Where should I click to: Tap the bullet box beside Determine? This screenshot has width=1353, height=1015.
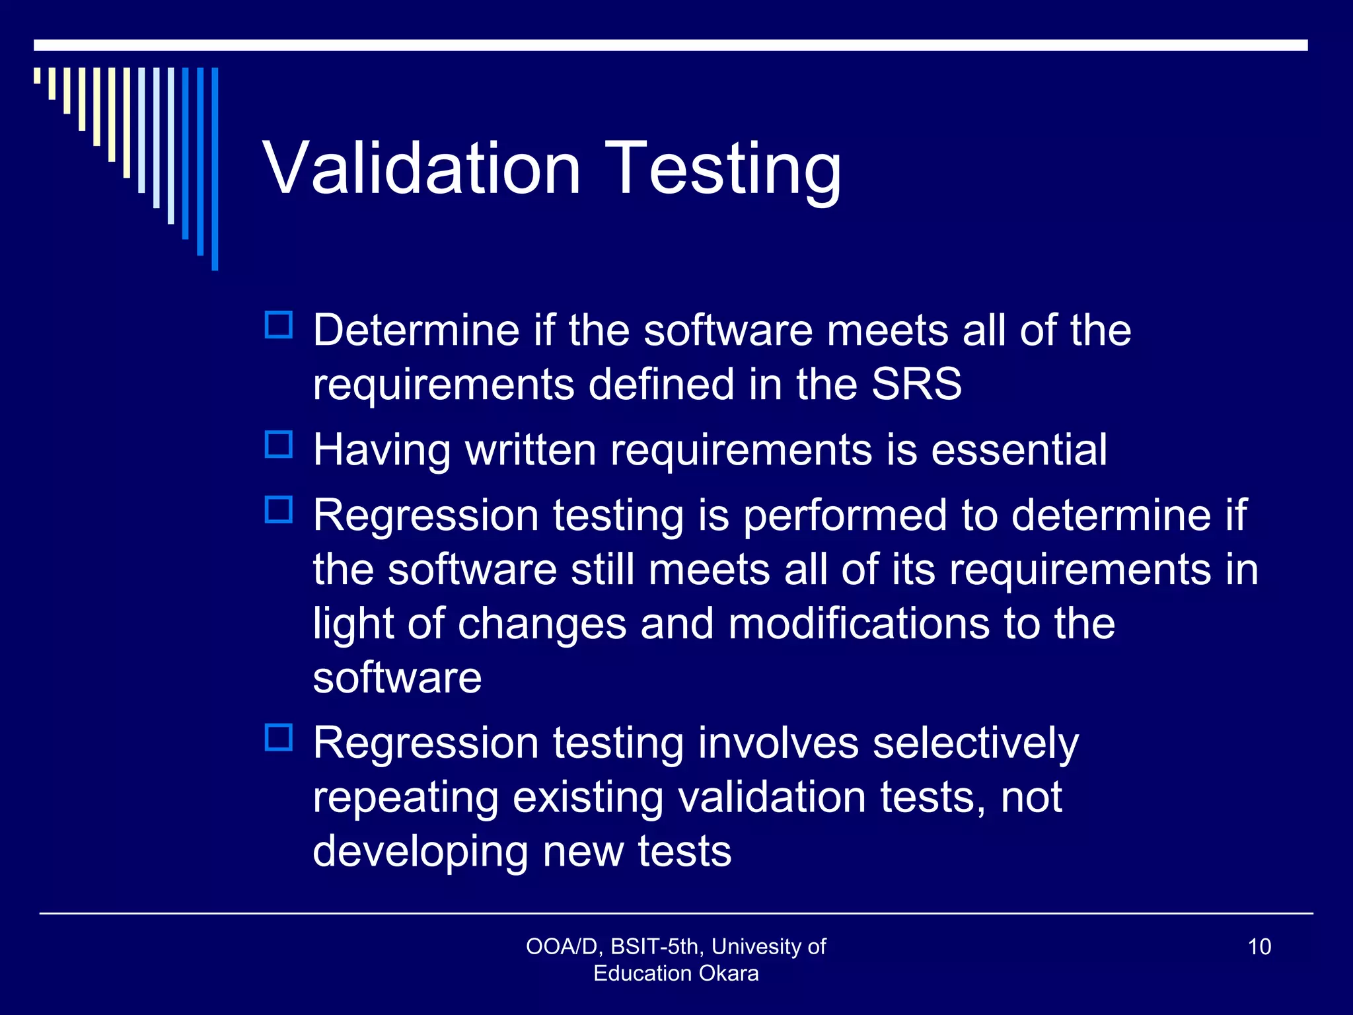[279, 325]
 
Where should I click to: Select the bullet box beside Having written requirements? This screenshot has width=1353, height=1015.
[279, 445]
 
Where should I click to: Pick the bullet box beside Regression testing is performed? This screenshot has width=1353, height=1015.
[279, 509]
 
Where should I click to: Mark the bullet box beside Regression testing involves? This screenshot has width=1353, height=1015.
[279, 737]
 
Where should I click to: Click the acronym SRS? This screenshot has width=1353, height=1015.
[916, 384]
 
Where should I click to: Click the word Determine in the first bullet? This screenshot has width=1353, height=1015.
[416, 330]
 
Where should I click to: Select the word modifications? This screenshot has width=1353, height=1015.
[859, 623]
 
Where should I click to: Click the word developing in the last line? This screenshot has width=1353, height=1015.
[420, 851]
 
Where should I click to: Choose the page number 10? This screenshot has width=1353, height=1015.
[1259, 946]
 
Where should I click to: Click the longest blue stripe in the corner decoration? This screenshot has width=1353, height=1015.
[215, 169]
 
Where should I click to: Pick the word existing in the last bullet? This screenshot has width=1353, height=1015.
[588, 797]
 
